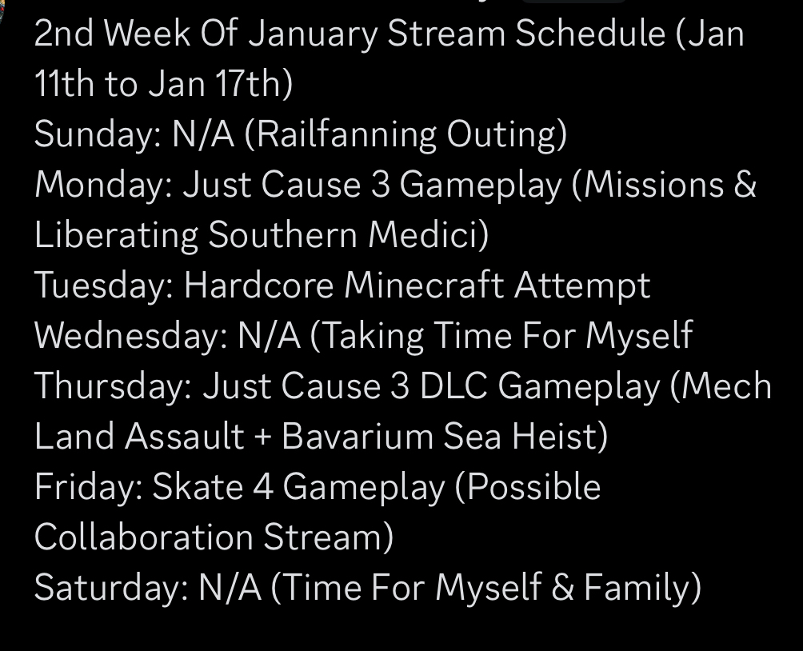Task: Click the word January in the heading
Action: pyautogui.click(x=313, y=34)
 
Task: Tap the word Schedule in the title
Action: pyautogui.click(x=590, y=34)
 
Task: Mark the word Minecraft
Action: pyautogui.click(x=424, y=285)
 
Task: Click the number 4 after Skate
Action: pyautogui.click(x=263, y=486)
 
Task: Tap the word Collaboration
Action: pyautogui.click(x=144, y=537)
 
